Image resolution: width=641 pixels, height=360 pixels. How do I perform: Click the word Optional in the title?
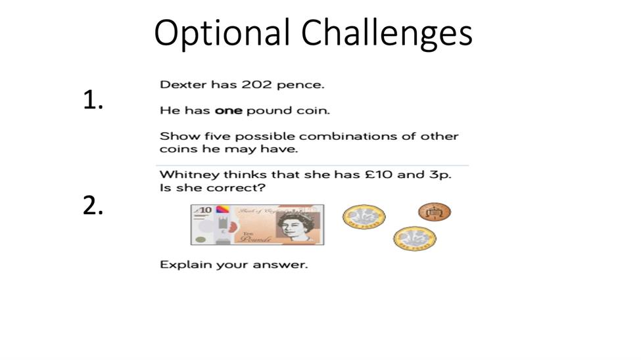click(x=222, y=33)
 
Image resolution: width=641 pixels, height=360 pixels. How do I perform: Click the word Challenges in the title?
click(x=387, y=33)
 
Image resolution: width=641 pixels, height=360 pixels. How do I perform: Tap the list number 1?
click(x=93, y=100)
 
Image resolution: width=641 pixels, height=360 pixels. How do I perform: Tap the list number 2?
click(x=93, y=205)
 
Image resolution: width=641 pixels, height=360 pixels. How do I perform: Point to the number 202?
click(x=256, y=85)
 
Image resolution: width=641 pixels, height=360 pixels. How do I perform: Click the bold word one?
click(x=229, y=111)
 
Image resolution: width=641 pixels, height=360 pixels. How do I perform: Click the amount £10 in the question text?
click(x=379, y=175)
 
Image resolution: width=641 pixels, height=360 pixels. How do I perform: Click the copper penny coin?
click(x=434, y=212)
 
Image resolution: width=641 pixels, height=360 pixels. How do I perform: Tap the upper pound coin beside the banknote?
click(x=364, y=217)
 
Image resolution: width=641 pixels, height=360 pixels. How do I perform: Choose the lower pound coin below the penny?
click(x=415, y=238)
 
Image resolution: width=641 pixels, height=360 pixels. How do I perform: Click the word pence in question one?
click(x=300, y=85)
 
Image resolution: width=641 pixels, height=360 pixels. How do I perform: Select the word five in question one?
click(x=218, y=136)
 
